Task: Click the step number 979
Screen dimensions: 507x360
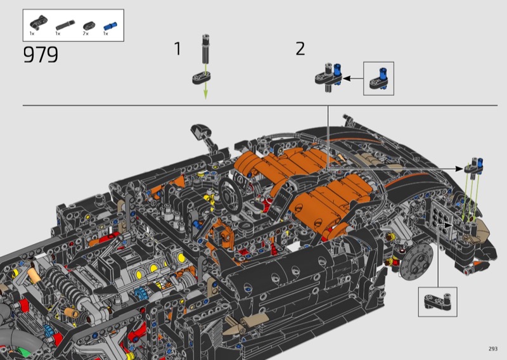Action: [41, 55]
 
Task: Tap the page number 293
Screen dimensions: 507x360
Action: [493, 349]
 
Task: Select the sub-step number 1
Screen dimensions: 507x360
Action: [177, 49]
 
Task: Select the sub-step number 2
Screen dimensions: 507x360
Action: [300, 49]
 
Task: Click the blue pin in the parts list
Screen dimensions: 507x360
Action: [110, 25]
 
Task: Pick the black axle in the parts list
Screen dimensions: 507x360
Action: [65, 25]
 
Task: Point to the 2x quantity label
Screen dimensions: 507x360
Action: [86, 34]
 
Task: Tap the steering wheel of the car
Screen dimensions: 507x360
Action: [231, 195]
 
